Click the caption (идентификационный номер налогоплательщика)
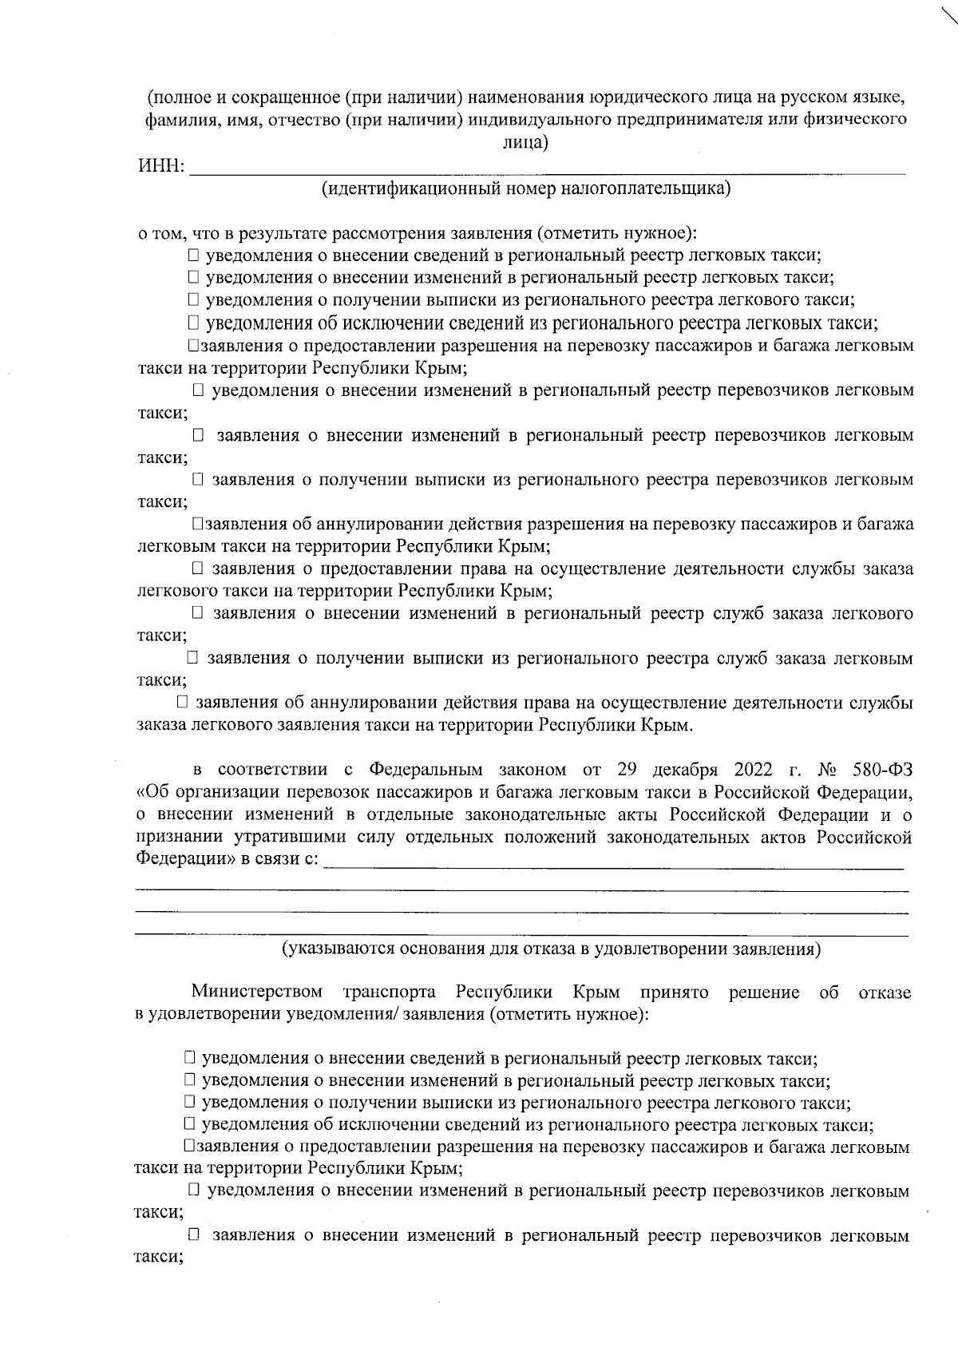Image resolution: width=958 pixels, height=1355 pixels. click(526, 189)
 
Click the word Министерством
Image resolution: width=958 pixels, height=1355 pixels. click(257, 992)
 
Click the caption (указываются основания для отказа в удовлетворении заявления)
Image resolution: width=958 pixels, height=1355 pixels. click(550, 949)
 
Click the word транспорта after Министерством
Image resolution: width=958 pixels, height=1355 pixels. click(389, 992)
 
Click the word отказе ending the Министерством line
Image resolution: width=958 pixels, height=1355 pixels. click(884, 992)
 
